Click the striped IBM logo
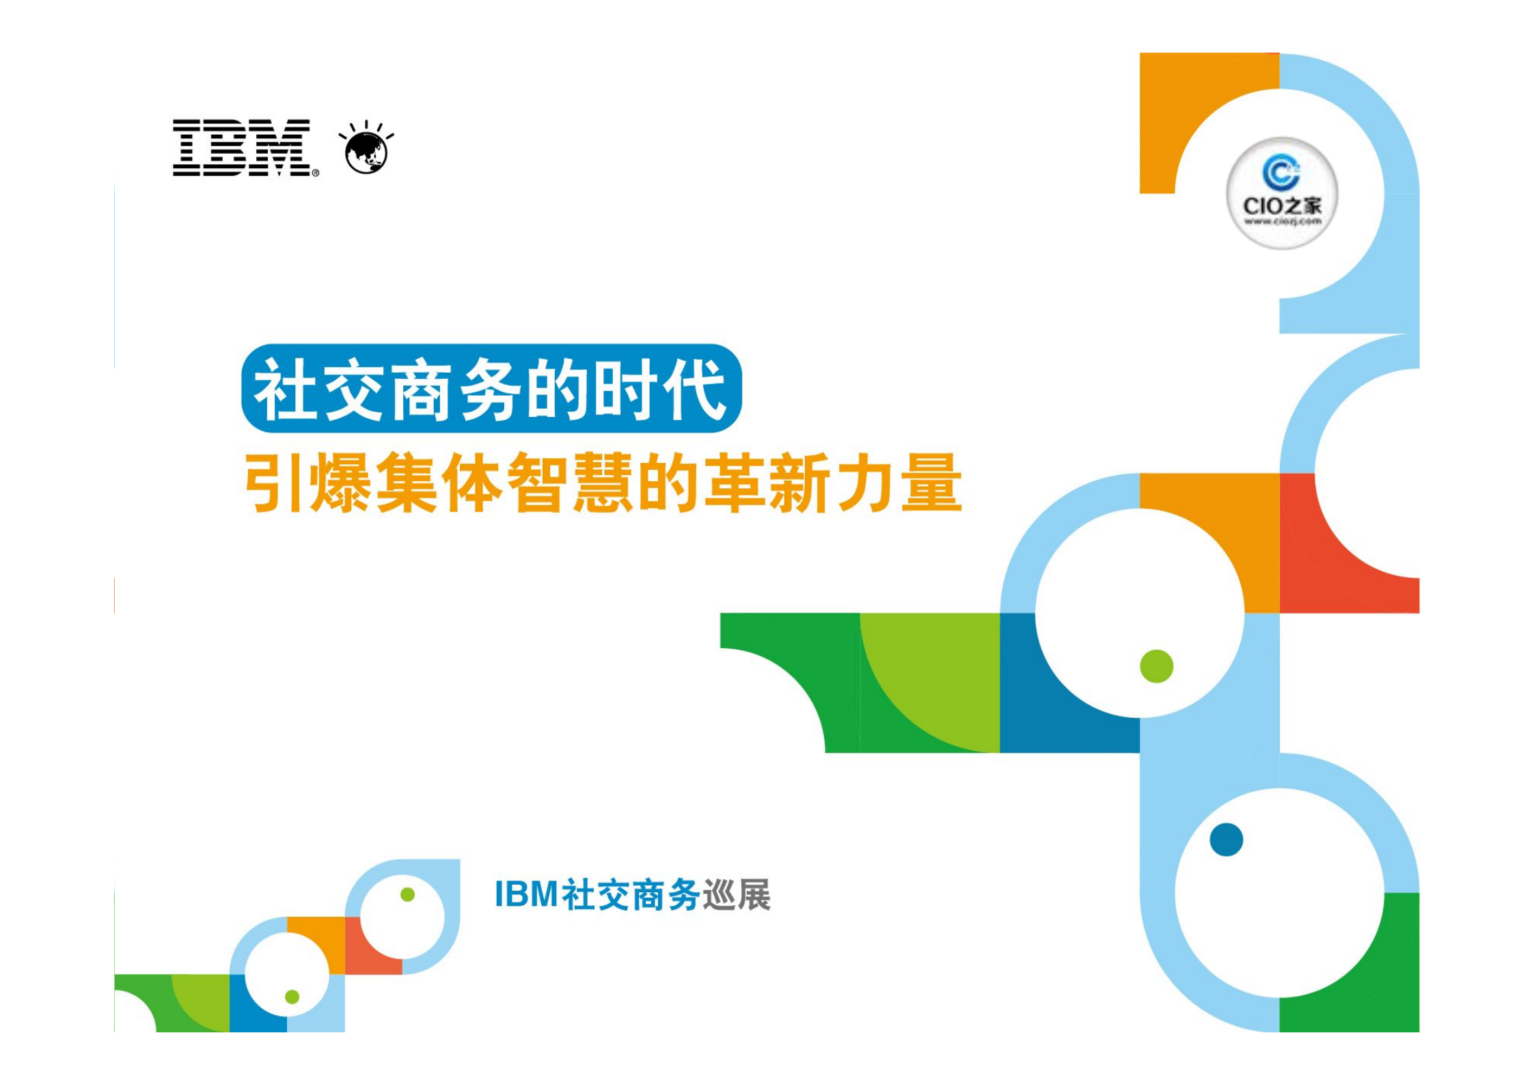point(243,148)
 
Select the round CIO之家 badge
point(1281,193)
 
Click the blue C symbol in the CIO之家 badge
point(1280,172)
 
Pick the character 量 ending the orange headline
point(931,482)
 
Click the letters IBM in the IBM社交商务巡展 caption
point(525,894)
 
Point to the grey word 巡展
point(737,894)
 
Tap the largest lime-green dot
point(1156,666)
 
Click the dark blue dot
point(1226,840)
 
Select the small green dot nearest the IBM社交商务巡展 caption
point(407,894)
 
